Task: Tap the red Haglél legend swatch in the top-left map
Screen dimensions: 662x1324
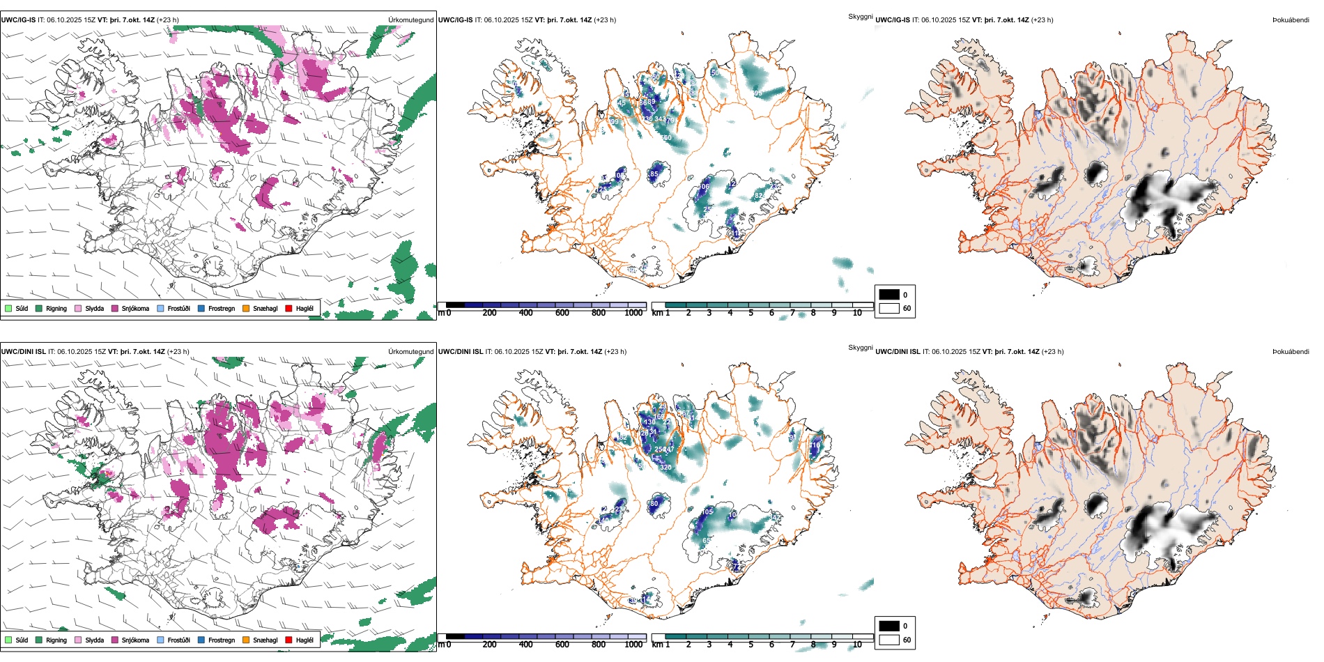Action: pos(288,308)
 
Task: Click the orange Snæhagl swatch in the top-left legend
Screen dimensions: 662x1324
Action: pos(246,308)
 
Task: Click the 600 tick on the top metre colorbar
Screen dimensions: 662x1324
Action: pos(562,313)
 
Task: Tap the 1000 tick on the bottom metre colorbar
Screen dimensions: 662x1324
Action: pos(633,645)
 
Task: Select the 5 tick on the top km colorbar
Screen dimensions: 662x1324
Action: pos(751,313)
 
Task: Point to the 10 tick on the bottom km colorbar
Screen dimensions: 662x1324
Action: pos(857,645)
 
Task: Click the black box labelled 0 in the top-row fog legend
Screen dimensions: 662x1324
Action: pos(889,295)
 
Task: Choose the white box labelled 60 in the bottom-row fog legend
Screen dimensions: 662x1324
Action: pos(889,640)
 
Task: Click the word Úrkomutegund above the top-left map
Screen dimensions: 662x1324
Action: pos(411,20)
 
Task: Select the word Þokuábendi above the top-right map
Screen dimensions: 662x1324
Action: pos(1291,20)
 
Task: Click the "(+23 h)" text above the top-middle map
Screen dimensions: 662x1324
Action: pos(605,20)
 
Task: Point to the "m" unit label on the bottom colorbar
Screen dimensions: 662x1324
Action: pos(440,645)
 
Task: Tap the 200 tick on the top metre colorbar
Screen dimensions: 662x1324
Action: pos(490,313)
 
